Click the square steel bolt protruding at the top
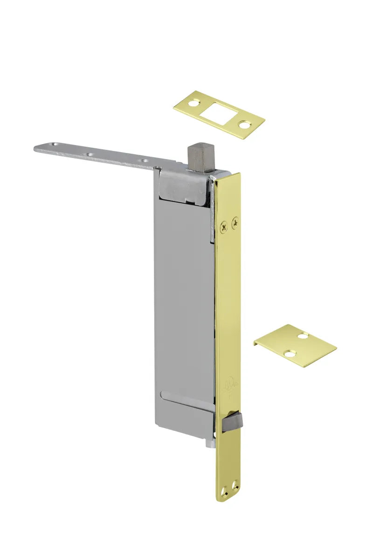[199, 157]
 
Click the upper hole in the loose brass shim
[304, 335]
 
